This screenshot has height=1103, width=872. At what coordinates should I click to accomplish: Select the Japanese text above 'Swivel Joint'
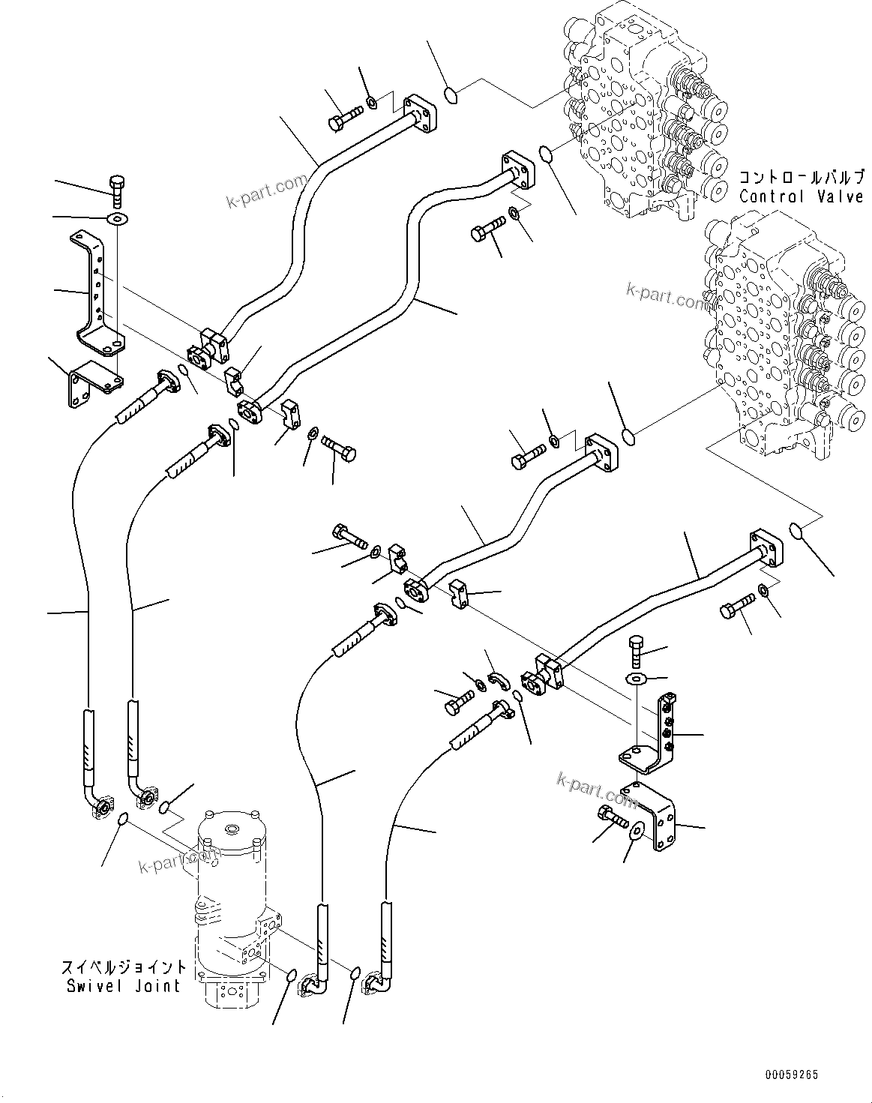[x=123, y=967]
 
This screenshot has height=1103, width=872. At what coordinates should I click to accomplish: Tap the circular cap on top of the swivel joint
[x=229, y=829]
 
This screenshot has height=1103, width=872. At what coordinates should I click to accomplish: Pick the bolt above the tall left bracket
[x=117, y=190]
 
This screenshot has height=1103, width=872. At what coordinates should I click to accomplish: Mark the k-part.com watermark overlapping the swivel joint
[x=178, y=861]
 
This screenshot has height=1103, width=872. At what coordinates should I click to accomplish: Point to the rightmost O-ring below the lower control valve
[x=799, y=532]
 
